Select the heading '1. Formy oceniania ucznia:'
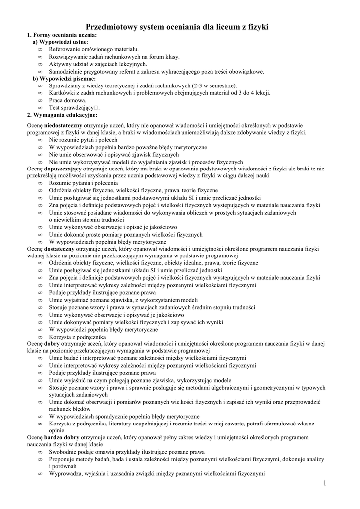[x=62, y=35]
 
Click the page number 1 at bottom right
[x=324, y=483]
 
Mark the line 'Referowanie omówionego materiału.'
[x=93, y=50]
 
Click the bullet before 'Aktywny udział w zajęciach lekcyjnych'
[x=40, y=64]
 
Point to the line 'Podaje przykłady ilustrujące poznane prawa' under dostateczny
[x=102, y=293]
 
